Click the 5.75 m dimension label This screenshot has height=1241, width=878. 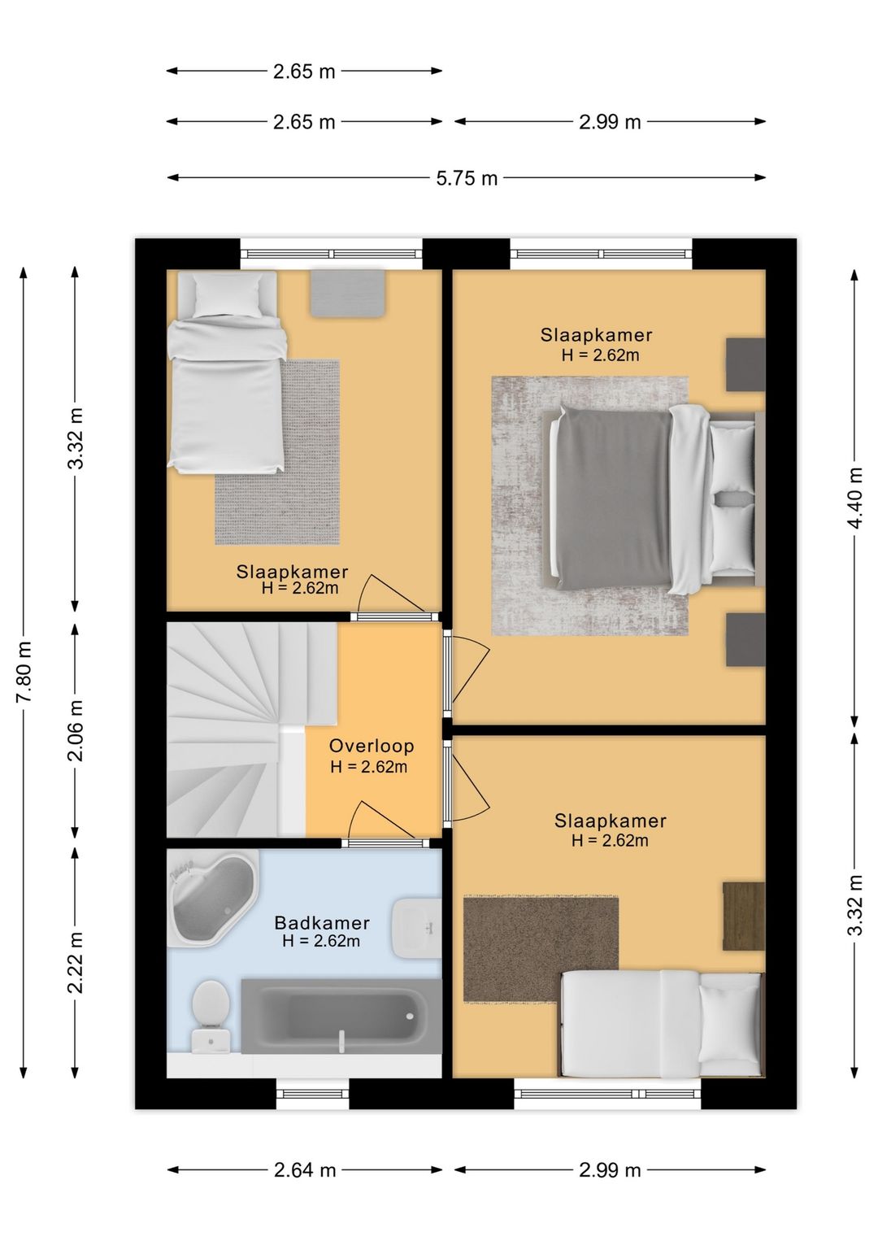click(x=467, y=178)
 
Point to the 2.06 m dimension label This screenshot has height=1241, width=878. click(x=76, y=730)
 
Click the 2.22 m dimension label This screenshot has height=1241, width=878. click(x=76, y=962)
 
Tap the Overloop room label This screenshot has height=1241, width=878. click(x=372, y=746)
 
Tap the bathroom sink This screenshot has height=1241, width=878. click(x=416, y=927)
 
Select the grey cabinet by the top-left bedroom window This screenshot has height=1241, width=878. click(x=347, y=293)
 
